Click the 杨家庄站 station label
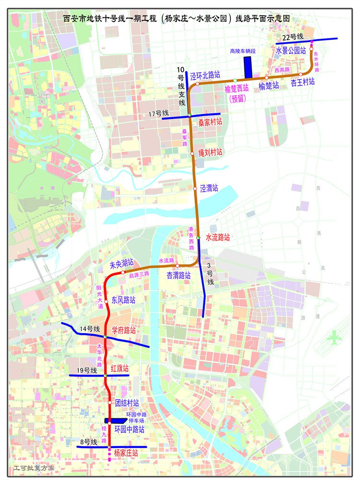[x=126, y=452]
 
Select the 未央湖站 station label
[x=122, y=265]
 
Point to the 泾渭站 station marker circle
[x=195, y=189]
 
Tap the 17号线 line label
[x=159, y=114]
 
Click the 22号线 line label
[x=293, y=37]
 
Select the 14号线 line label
[x=90, y=329]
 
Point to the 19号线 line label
[x=87, y=370]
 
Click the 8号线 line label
[x=88, y=442]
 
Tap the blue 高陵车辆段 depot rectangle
[x=248, y=67]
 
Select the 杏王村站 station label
[x=303, y=82]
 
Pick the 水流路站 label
[x=218, y=237]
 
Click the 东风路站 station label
[x=123, y=300]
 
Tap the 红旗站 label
[x=120, y=368]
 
